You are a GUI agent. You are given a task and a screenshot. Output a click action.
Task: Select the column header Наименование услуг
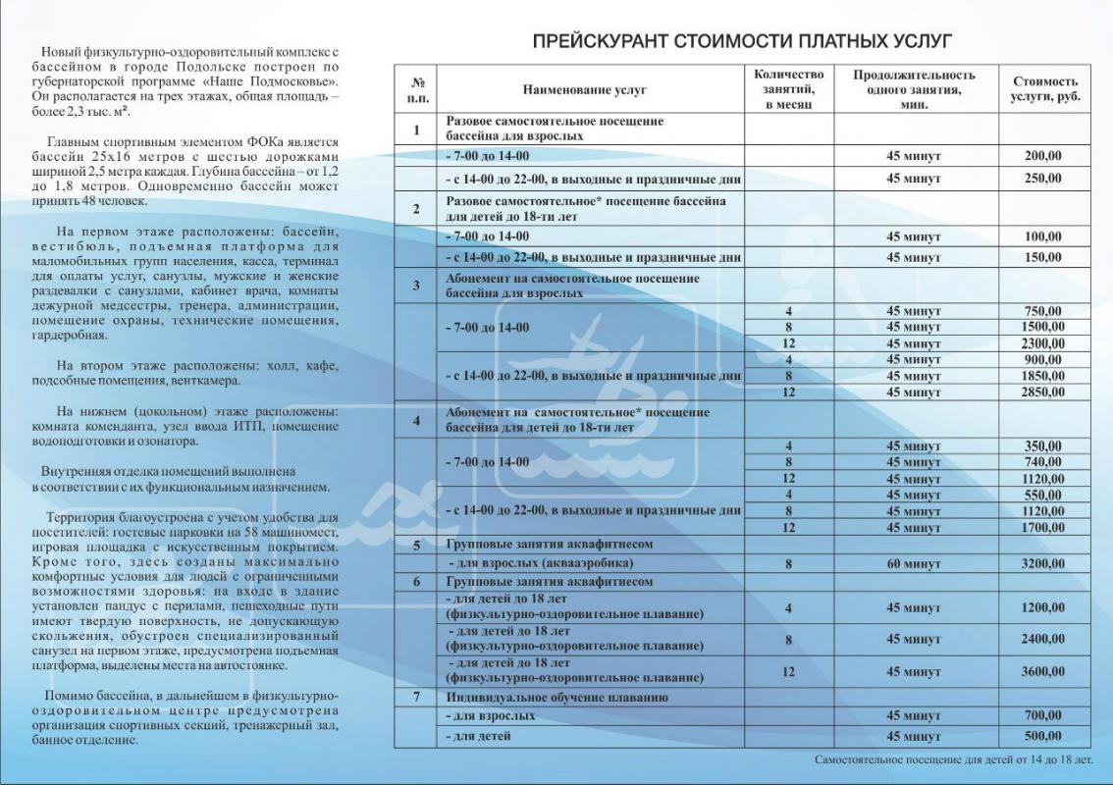(x=585, y=89)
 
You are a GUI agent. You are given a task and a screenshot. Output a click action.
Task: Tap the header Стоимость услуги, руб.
(x=1043, y=89)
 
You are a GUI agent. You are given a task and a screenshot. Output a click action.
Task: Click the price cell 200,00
(x=1043, y=155)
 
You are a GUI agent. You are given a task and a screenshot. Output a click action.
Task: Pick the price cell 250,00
(x=1043, y=179)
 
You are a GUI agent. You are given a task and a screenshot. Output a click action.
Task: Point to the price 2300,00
(x=1043, y=343)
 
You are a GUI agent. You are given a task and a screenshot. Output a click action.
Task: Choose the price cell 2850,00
(x=1043, y=392)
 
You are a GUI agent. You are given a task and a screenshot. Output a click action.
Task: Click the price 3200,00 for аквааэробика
(x=1043, y=565)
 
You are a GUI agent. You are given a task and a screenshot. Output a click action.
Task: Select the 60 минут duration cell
(x=914, y=565)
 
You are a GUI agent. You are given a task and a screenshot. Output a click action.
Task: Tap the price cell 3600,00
(x=1043, y=672)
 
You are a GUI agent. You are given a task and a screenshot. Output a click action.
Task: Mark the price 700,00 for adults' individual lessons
(x=1043, y=716)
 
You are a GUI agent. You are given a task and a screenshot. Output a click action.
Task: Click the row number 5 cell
(x=417, y=544)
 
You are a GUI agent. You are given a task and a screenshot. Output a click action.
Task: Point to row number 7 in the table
(x=417, y=698)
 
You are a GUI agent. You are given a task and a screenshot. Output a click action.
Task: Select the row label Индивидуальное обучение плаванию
(x=556, y=698)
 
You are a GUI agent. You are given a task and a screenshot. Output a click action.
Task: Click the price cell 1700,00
(x=1043, y=527)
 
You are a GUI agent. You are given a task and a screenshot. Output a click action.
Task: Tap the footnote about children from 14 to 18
(x=953, y=760)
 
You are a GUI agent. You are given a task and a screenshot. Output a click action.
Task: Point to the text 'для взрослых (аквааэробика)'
(x=541, y=565)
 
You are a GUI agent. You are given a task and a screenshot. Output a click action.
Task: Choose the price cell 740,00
(x=1043, y=462)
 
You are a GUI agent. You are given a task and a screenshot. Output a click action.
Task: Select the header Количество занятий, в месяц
(x=788, y=89)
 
